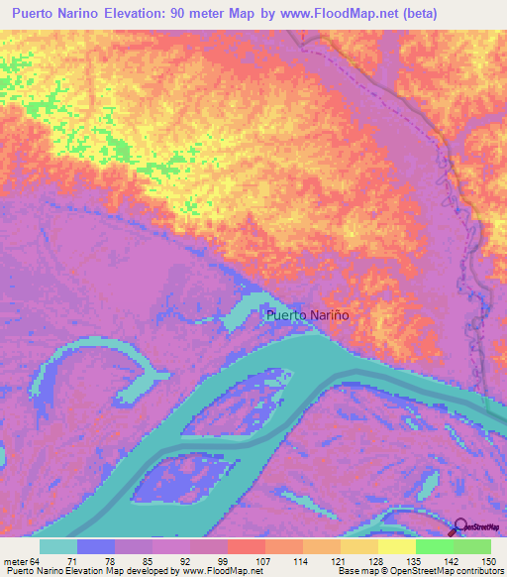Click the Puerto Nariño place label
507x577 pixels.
click(x=307, y=315)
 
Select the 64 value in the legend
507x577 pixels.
click(x=35, y=561)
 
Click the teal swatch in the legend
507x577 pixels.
click(x=58, y=546)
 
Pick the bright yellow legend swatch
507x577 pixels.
click(x=396, y=546)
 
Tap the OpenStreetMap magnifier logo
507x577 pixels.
click(x=459, y=526)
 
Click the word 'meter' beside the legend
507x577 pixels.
click(x=15, y=561)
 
